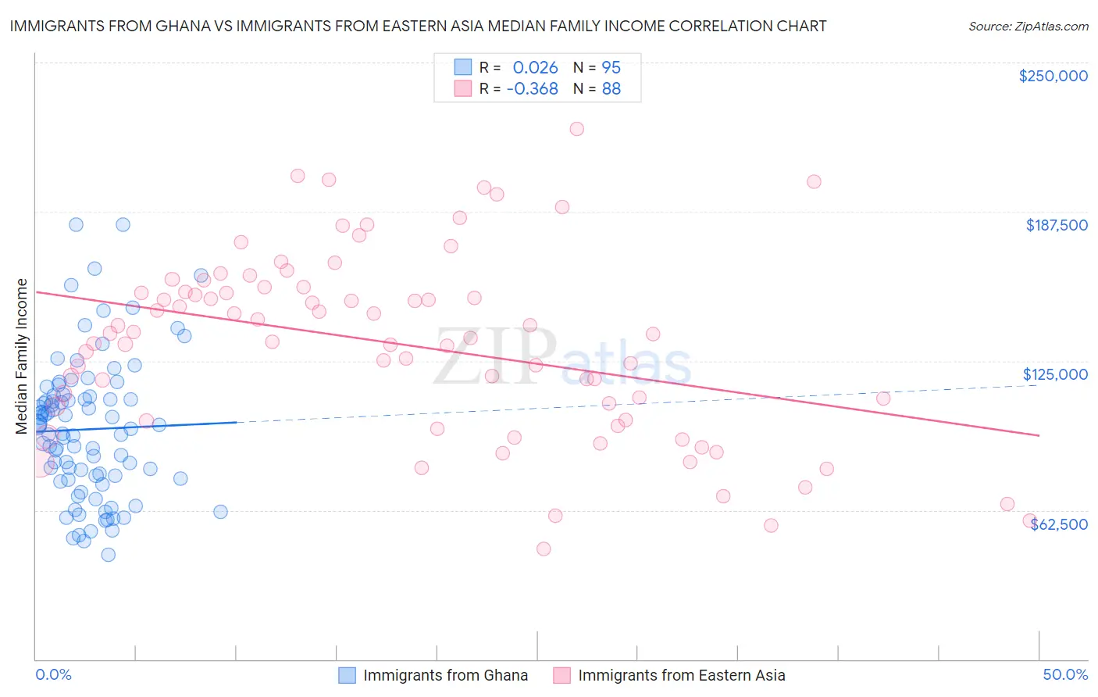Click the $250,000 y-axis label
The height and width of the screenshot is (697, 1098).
1053,76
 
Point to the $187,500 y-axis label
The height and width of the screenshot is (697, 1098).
1056,225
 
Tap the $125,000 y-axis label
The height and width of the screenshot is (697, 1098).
1055,374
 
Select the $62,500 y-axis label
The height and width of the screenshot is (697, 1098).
1059,524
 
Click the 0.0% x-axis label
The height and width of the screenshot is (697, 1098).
53,675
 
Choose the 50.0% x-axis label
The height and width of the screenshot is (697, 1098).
1065,675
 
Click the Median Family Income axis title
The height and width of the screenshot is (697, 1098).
22,356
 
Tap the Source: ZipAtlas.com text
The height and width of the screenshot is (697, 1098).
1028,27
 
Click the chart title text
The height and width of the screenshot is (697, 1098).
418,26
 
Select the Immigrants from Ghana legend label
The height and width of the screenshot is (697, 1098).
445,675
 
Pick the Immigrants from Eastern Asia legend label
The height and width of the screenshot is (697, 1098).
681,675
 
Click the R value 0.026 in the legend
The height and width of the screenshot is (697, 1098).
535,67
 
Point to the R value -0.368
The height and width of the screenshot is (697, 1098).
532,89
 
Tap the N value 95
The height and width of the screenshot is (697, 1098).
611,67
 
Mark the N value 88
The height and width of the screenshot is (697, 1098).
611,89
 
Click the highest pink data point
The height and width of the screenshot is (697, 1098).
576,129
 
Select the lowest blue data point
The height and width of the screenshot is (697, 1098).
109,555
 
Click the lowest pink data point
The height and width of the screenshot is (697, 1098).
544,549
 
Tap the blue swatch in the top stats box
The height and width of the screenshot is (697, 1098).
463,67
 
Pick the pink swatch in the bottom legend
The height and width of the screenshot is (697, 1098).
561,675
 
